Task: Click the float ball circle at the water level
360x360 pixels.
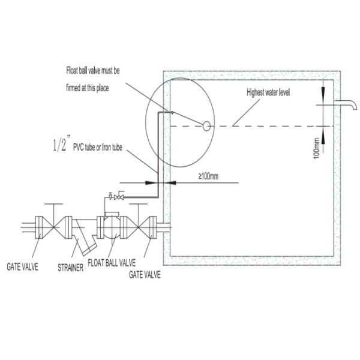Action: [x=206, y=126]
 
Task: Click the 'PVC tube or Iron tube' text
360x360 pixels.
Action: [x=98, y=146]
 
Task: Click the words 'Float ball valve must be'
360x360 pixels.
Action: [x=94, y=71]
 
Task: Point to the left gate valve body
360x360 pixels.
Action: [x=52, y=227]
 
